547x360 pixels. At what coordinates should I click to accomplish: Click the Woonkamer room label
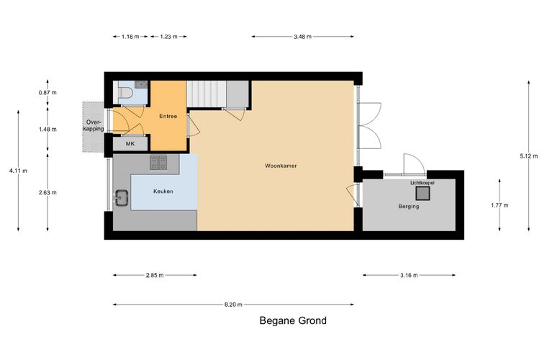[281, 166]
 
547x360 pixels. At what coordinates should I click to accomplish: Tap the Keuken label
[163, 192]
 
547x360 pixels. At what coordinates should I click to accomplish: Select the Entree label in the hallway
[168, 116]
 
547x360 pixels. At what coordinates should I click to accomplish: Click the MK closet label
[130, 144]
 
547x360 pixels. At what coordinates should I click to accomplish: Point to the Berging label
[409, 206]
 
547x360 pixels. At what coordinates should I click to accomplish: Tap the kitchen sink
[122, 199]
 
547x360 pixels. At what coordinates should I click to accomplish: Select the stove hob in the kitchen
[158, 163]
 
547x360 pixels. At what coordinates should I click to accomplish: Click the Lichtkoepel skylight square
[422, 193]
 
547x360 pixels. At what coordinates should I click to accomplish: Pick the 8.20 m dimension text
[233, 305]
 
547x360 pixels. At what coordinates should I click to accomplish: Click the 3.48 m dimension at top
[302, 37]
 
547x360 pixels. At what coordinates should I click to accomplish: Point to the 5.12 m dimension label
[529, 156]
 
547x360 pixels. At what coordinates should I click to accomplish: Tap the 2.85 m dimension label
[155, 275]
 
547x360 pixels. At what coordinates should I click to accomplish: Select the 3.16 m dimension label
[409, 275]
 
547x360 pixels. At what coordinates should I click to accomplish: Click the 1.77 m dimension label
[499, 205]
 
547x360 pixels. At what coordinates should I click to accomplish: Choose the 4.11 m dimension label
[18, 171]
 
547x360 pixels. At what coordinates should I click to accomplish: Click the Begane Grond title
[293, 320]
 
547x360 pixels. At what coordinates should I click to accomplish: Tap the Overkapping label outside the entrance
[95, 125]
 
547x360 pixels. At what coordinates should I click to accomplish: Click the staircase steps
[207, 94]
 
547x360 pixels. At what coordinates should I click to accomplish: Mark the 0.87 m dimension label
[48, 92]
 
